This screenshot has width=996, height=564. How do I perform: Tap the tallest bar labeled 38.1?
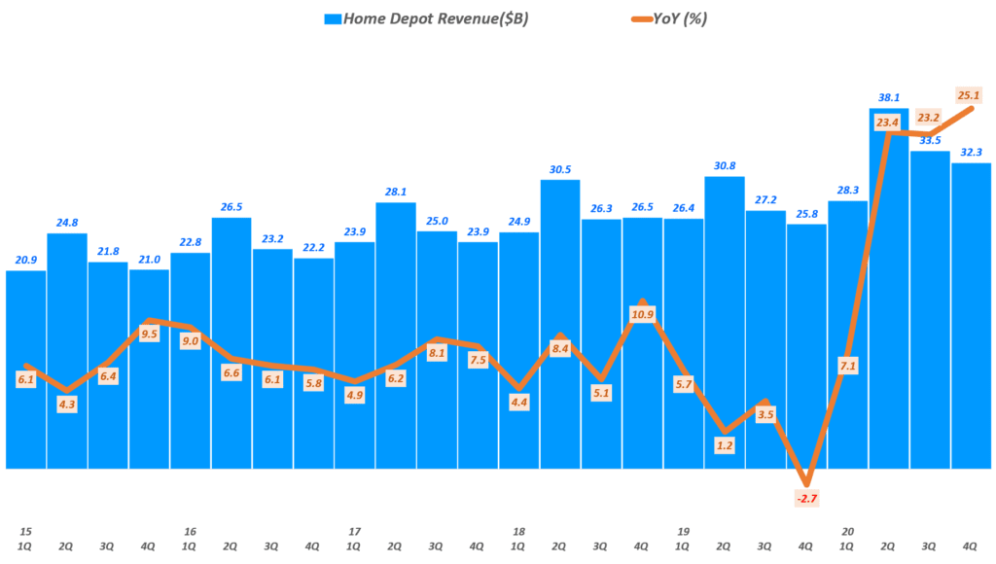point(889,292)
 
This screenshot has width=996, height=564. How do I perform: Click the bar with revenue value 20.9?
point(25,370)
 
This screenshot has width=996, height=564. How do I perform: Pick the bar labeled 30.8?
point(725,321)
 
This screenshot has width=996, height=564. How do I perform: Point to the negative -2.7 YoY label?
point(806,499)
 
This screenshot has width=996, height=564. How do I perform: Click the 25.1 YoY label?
point(968,95)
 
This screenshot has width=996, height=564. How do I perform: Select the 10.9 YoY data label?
point(642,314)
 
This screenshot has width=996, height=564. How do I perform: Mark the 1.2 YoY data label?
point(724,446)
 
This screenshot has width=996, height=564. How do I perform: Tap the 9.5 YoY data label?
point(149,333)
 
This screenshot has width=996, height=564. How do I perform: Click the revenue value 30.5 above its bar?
point(560,168)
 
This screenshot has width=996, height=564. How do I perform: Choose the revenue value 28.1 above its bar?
point(396,192)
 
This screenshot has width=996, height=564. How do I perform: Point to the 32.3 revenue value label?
point(972,152)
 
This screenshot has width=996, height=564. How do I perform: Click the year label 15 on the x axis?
point(25,531)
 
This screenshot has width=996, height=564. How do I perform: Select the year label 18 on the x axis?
point(518,531)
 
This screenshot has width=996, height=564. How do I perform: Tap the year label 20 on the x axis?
point(848,531)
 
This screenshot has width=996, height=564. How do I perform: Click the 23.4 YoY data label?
point(887,123)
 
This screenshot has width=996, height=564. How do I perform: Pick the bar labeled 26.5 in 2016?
point(231,340)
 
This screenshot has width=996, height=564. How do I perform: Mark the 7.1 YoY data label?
point(847,366)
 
